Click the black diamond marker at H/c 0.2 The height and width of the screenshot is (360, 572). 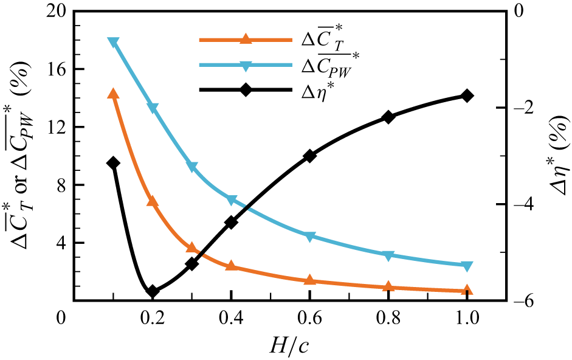click(x=153, y=291)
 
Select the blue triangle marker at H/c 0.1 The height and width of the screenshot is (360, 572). click(x=113, y=43)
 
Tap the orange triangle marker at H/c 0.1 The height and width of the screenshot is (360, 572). click(x=113, y=94)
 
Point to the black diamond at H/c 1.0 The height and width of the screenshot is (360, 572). click(x=467, y=95)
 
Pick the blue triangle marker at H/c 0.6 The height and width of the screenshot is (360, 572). click(x=309, y=237)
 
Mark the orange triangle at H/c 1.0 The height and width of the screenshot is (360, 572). click(x=467, y=291)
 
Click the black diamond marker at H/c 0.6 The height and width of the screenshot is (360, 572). click(x=309, y=156)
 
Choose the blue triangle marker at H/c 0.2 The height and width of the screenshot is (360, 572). click(x=153, y=108)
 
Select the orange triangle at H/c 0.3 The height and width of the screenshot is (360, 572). click(x=192, y=247)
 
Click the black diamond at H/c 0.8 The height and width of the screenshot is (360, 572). click(x=388, y=117)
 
